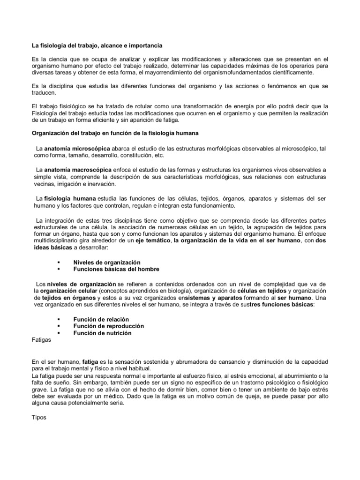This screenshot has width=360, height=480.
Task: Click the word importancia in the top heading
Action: (144, 45)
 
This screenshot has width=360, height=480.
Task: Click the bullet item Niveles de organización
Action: (107, 262)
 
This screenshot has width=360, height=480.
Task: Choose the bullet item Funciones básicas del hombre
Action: (116, 270)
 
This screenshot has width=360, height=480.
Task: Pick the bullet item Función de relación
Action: (101, 319)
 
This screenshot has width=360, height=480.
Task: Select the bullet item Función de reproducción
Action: (109, 326)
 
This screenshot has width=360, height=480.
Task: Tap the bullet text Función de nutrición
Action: (103, 333)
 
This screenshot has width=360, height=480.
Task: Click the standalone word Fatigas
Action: (42, 340)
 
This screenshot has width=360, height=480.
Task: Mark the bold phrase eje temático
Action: (152, 241)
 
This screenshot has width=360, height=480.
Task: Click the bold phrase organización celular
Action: (67, 291)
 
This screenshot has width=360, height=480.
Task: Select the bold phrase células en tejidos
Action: (259, 291)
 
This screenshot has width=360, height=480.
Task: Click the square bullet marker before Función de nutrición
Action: (59, 333)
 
